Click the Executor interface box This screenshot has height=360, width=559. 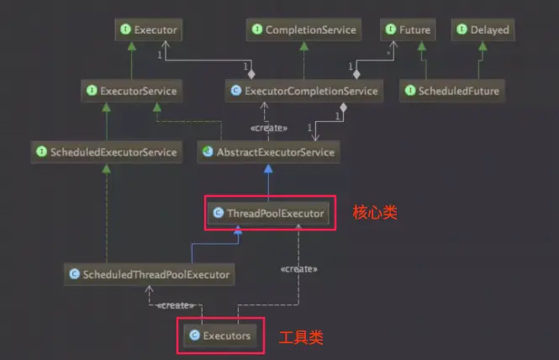(x=149, y=30)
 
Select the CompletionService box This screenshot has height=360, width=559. (x=303, y=30)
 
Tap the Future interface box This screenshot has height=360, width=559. (x=407, y=30)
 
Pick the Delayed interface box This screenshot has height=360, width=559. (x=483, y=30)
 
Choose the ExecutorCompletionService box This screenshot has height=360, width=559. (x=303, y=90)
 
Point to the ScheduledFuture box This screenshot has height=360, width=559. (x=451, y=90)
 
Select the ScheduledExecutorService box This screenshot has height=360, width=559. (x=107, y=152)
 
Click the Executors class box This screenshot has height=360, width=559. (x=220, y=335)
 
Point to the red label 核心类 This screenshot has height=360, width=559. (x=375, y=214)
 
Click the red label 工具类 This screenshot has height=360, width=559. (x=301, y=337)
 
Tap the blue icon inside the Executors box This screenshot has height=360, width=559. (x=195, y=335)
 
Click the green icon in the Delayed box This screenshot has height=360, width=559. (x=461, y=30)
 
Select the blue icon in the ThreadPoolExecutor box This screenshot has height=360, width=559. (x=219, y=214)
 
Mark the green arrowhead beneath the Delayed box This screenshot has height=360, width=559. (x=483, y=46)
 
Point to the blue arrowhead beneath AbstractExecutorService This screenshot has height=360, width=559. (x=268, y=168)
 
